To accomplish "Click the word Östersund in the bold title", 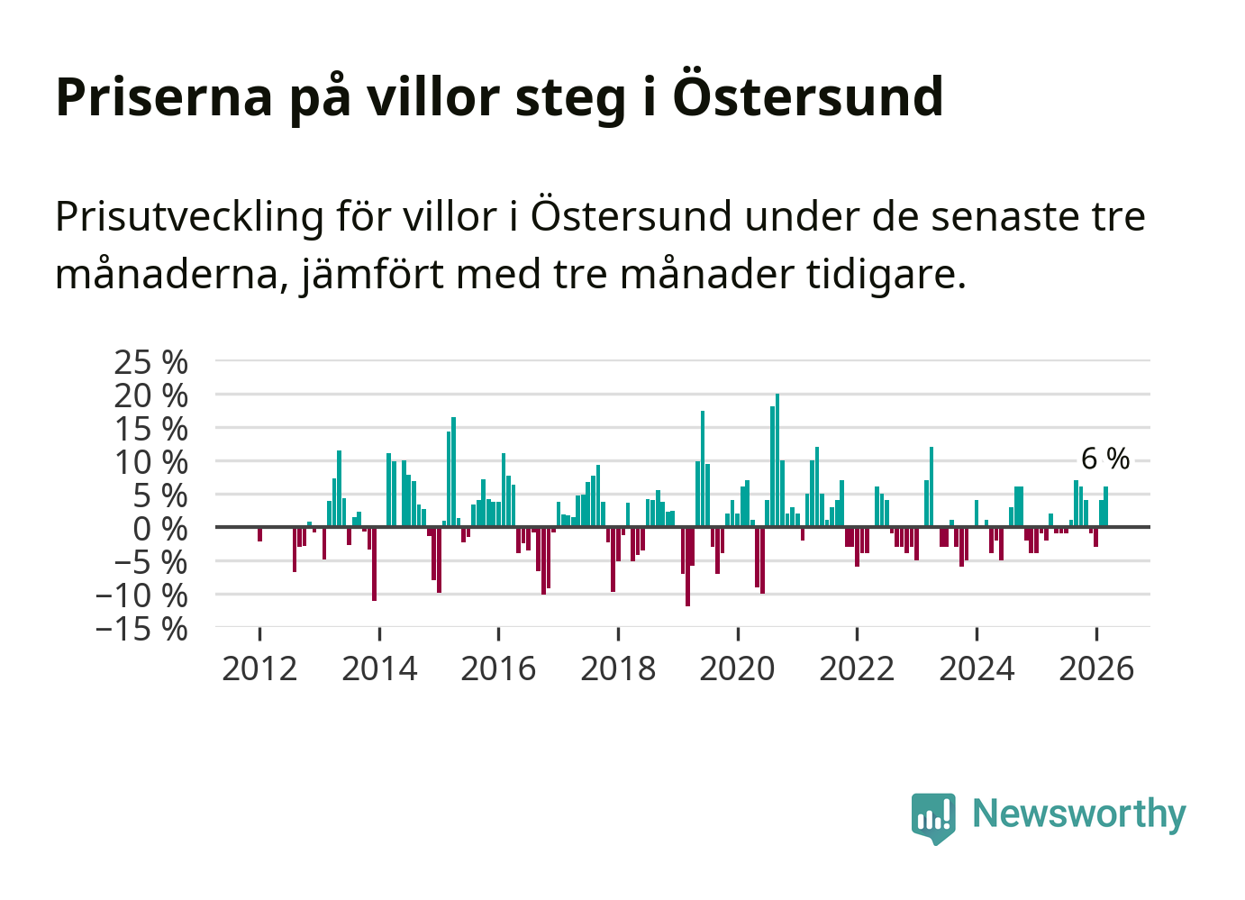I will [807, 96].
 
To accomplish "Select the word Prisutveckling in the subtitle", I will [189, 217].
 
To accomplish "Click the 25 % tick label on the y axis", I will [150, 362].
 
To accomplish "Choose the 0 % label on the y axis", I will [160, 529].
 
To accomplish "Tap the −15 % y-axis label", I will [141, 628].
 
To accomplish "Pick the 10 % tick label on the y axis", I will [150, 462].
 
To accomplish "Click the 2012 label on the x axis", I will [259, 668].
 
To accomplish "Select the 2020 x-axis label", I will [737, 668].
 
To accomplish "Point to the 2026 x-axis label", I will [1095, 668].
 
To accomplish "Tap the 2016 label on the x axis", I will [498, 668].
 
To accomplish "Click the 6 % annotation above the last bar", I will [1104, 459].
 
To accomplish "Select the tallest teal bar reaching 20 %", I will [777, 459].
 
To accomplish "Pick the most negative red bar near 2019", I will [687, 566].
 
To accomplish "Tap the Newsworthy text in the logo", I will [1078, 814].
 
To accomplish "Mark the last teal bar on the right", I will [1105, 507].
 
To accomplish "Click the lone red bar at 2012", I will [259, 534].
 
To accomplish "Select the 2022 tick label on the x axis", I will [857, 668].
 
